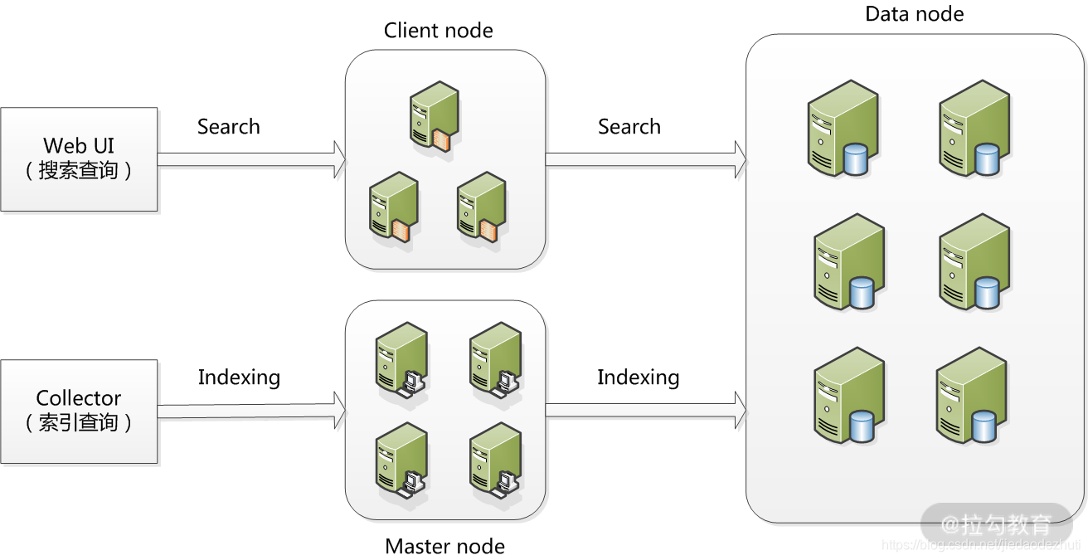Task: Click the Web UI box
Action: (x=79, y=158)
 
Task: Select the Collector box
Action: (x=79, y=411)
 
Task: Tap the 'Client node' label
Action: (x=438, y=32)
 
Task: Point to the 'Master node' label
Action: (x=444, y=547)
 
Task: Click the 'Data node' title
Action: (x=914, y=14)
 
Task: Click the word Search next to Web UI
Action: (x=228, y=127)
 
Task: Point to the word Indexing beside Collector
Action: (x=239, y=377)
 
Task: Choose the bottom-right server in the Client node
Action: (x=480, y=207)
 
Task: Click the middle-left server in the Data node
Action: (x=848, y=262)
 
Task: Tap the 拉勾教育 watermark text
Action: (x=1006, y=524)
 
